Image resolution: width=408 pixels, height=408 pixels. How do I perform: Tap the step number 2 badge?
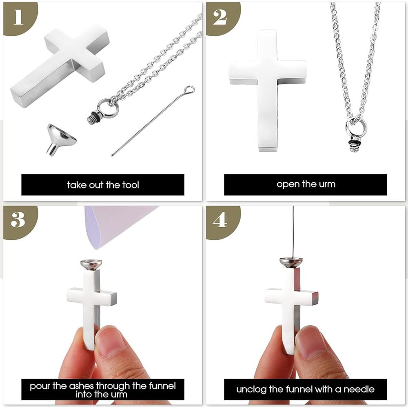point(222,18)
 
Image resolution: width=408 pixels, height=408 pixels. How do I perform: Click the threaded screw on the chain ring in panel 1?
point(92,118)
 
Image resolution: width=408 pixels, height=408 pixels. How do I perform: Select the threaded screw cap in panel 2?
point(354,146)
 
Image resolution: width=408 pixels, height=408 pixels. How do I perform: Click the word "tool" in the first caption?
point(131,185)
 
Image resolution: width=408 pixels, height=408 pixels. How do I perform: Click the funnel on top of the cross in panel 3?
point(91,264)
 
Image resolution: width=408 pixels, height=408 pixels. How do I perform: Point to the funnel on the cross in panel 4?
point(291,262)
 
